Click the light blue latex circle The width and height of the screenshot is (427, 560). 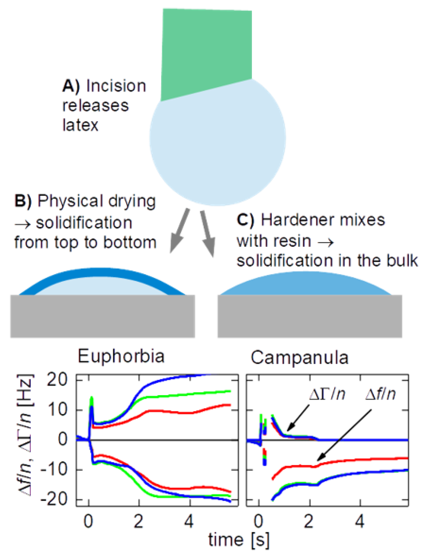click(x=217, y=145)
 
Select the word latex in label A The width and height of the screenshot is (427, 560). click(x=80, y=125)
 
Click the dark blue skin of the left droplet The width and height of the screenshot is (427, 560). click(x=102, y=272)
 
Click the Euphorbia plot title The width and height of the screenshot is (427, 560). click(x=121, y=356)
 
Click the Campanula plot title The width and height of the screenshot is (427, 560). click(x=299, y=358)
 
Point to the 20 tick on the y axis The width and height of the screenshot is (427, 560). click(x=57, y=380)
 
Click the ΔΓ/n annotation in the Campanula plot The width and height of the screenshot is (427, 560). click(x=327, y=394)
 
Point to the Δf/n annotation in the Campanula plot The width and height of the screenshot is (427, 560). click(x=380, y=394)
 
